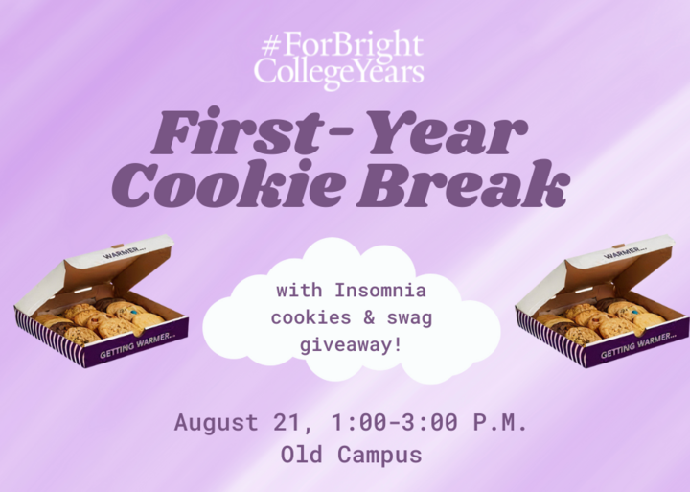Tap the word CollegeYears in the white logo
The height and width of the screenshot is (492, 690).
(339, 73)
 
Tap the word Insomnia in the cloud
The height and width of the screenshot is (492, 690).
(380, 291)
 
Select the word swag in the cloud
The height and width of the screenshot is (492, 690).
(409, 319)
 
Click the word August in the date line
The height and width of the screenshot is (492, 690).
(216, 422)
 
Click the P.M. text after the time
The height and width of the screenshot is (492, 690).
(500, 422)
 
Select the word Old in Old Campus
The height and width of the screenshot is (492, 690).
(302, 455)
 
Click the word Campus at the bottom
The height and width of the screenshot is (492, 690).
(379, 456)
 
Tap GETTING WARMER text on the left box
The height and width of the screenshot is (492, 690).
(138, 345)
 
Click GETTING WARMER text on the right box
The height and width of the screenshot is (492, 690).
(639, 345)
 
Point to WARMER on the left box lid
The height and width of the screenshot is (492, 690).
(125, 253)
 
